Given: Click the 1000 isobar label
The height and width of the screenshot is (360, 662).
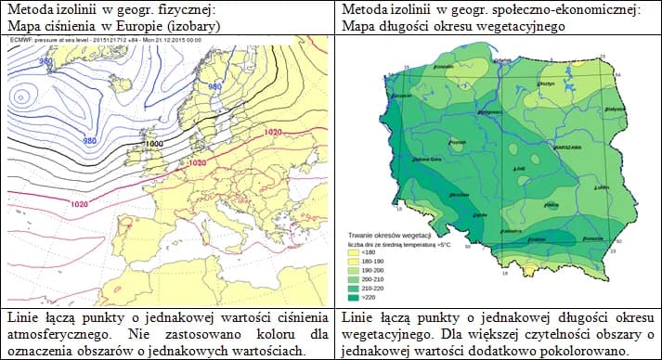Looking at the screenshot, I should [154, 144].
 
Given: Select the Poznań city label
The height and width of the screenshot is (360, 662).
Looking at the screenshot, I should [456, 142].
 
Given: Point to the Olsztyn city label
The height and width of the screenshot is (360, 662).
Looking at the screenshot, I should [545, 84].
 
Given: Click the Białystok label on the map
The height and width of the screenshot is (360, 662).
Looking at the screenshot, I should [614, 109].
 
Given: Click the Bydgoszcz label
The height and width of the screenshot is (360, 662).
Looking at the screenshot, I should [484, 111].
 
